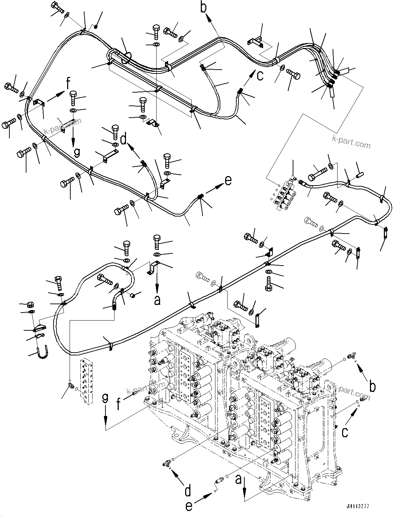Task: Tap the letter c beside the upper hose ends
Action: tap(260, 75)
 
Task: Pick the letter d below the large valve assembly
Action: tap(188, 492)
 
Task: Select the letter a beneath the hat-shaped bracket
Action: tap(157, 300)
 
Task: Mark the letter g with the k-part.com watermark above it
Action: tap(77, 152)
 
